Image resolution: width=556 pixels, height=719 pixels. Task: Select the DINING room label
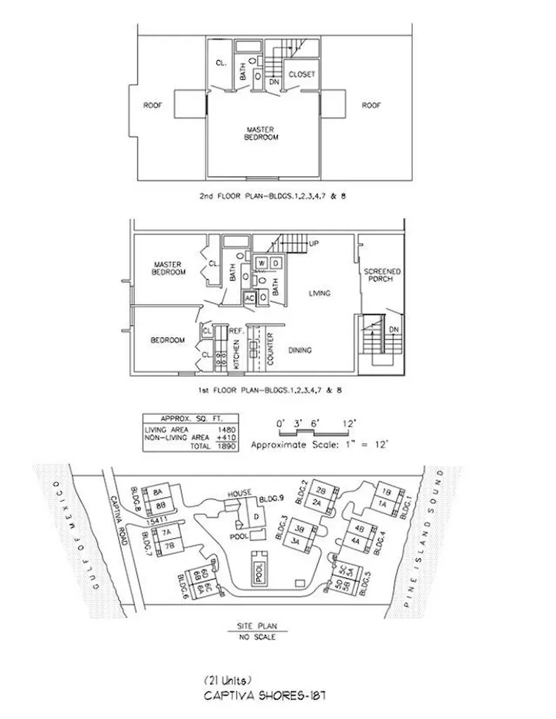300,350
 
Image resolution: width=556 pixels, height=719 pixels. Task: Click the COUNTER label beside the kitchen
270,348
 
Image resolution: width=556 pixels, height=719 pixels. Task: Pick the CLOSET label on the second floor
302,74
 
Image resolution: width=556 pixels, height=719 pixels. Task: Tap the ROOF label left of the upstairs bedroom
153,105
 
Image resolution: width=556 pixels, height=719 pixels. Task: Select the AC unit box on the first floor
249,297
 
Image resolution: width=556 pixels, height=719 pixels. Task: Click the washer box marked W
260,263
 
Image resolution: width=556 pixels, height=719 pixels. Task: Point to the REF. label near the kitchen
236,329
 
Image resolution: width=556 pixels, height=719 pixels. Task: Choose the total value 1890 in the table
226,446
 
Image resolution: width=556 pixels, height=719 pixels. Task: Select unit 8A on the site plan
158,492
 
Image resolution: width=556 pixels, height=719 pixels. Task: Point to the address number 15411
158,521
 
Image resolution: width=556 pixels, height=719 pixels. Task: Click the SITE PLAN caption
258,627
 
